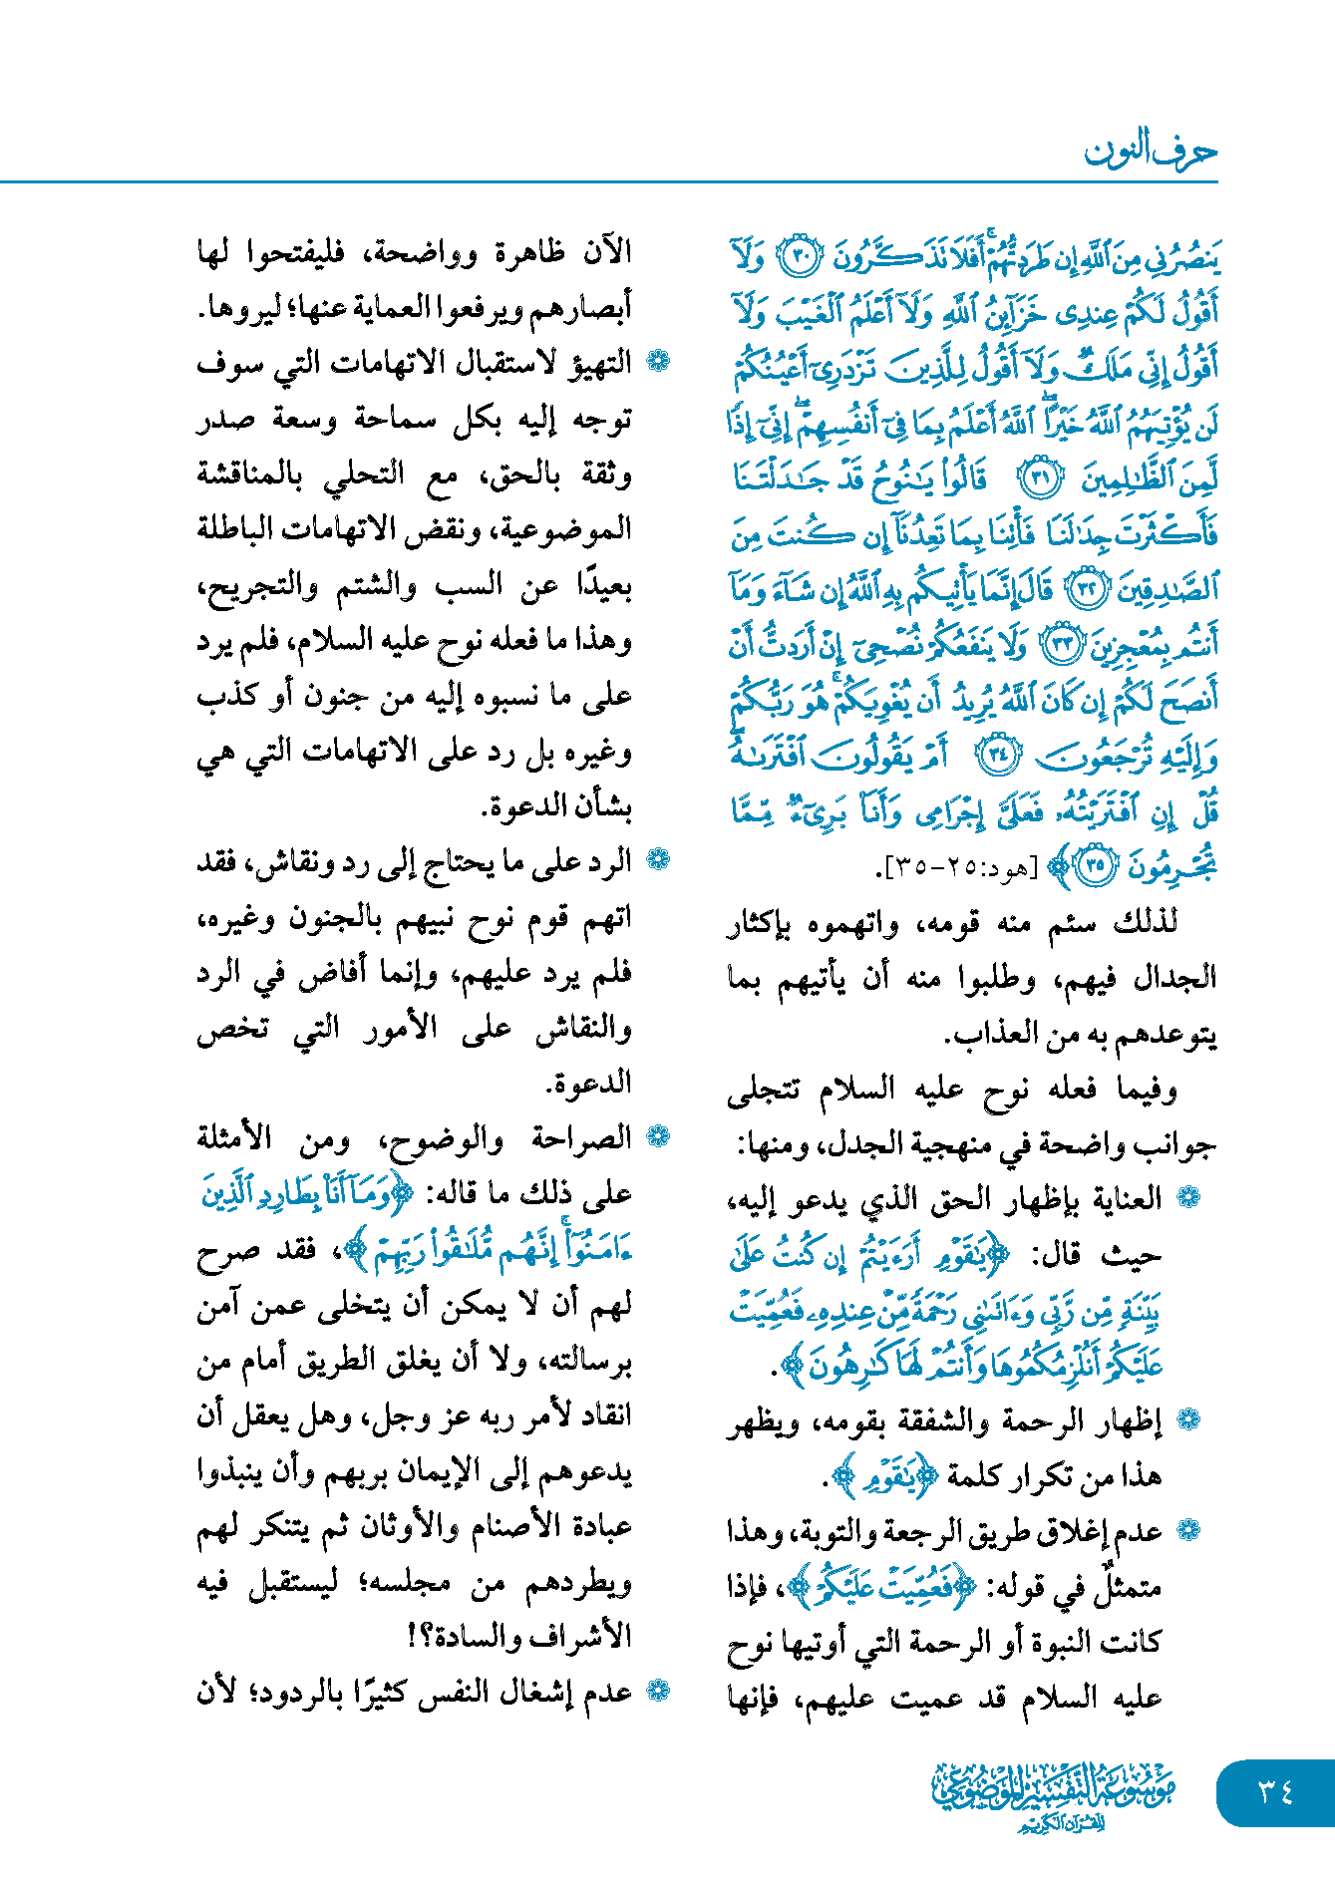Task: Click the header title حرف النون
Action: tap(1150, 152)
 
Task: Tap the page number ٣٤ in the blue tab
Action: tap(1275, 1792)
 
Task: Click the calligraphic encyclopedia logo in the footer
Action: tap(1053, 1793)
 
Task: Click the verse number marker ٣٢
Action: tap(1086, 590)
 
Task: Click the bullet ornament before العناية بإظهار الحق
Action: tap(1188, 1199)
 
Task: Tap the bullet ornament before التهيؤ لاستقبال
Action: tap(658, 362)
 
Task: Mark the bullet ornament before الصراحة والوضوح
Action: tap(658, 1137)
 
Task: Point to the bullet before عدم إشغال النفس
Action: tap(658, 1691)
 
